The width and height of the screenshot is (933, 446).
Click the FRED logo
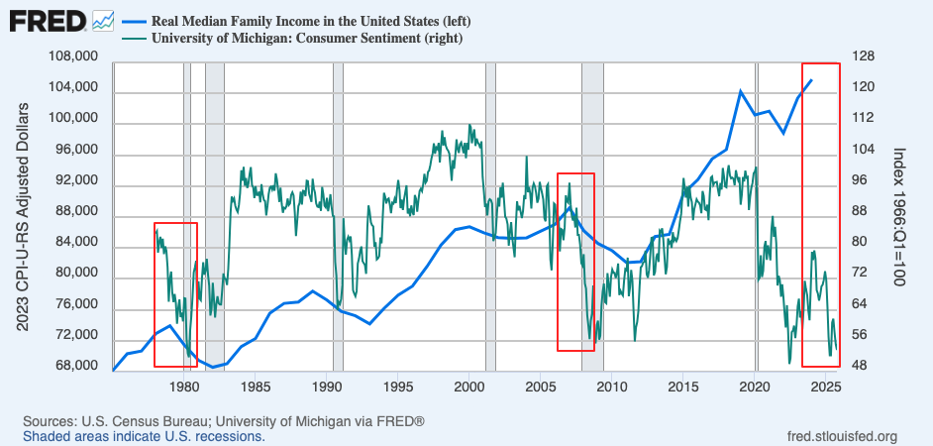tap(46, 20)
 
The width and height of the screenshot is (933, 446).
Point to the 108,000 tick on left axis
tap(72, 57)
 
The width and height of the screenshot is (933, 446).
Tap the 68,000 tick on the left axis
tap(75, 366)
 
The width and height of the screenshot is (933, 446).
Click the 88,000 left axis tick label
tap(75, 211)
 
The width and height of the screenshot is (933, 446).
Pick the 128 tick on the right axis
tap(863, 57)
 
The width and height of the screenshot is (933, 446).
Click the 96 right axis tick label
tap(860, 180)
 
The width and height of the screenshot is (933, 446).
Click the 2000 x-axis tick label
tap(469, 386)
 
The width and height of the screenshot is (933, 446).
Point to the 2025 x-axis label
tap(826, 386)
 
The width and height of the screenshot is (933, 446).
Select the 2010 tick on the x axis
tap(612, 386)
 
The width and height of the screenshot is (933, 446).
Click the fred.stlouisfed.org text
tap(841, 436)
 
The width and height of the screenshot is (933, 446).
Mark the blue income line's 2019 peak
tap(740, 91)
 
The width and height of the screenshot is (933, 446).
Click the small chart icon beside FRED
tap(103, 20)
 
